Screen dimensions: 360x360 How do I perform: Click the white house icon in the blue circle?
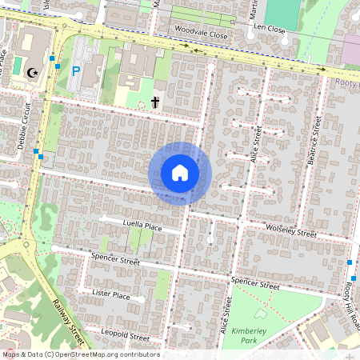click(180, 173)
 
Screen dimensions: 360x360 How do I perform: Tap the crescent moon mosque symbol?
click(33, 73)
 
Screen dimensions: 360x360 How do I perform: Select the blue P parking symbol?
click(76, 71)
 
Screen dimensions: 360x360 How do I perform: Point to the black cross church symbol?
click(155, 102)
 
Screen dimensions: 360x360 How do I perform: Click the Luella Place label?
click(142, 227)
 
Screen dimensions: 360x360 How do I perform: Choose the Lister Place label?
click(110, 295)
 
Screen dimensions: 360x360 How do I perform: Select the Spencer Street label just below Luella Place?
click(115, 260)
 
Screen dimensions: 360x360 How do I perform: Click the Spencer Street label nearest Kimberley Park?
click(254, 284)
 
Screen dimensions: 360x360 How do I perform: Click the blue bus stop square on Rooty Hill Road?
click(350, 263)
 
